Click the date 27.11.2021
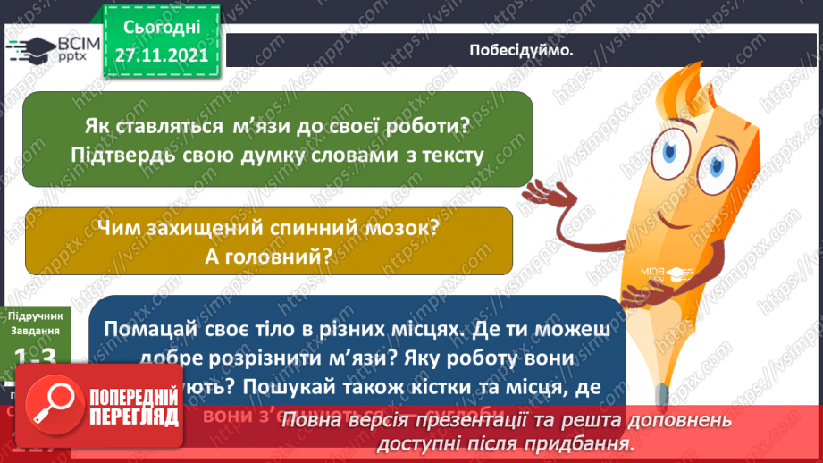pos(161,55)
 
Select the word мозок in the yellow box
pos(395,228)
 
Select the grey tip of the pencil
pos(659,391)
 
